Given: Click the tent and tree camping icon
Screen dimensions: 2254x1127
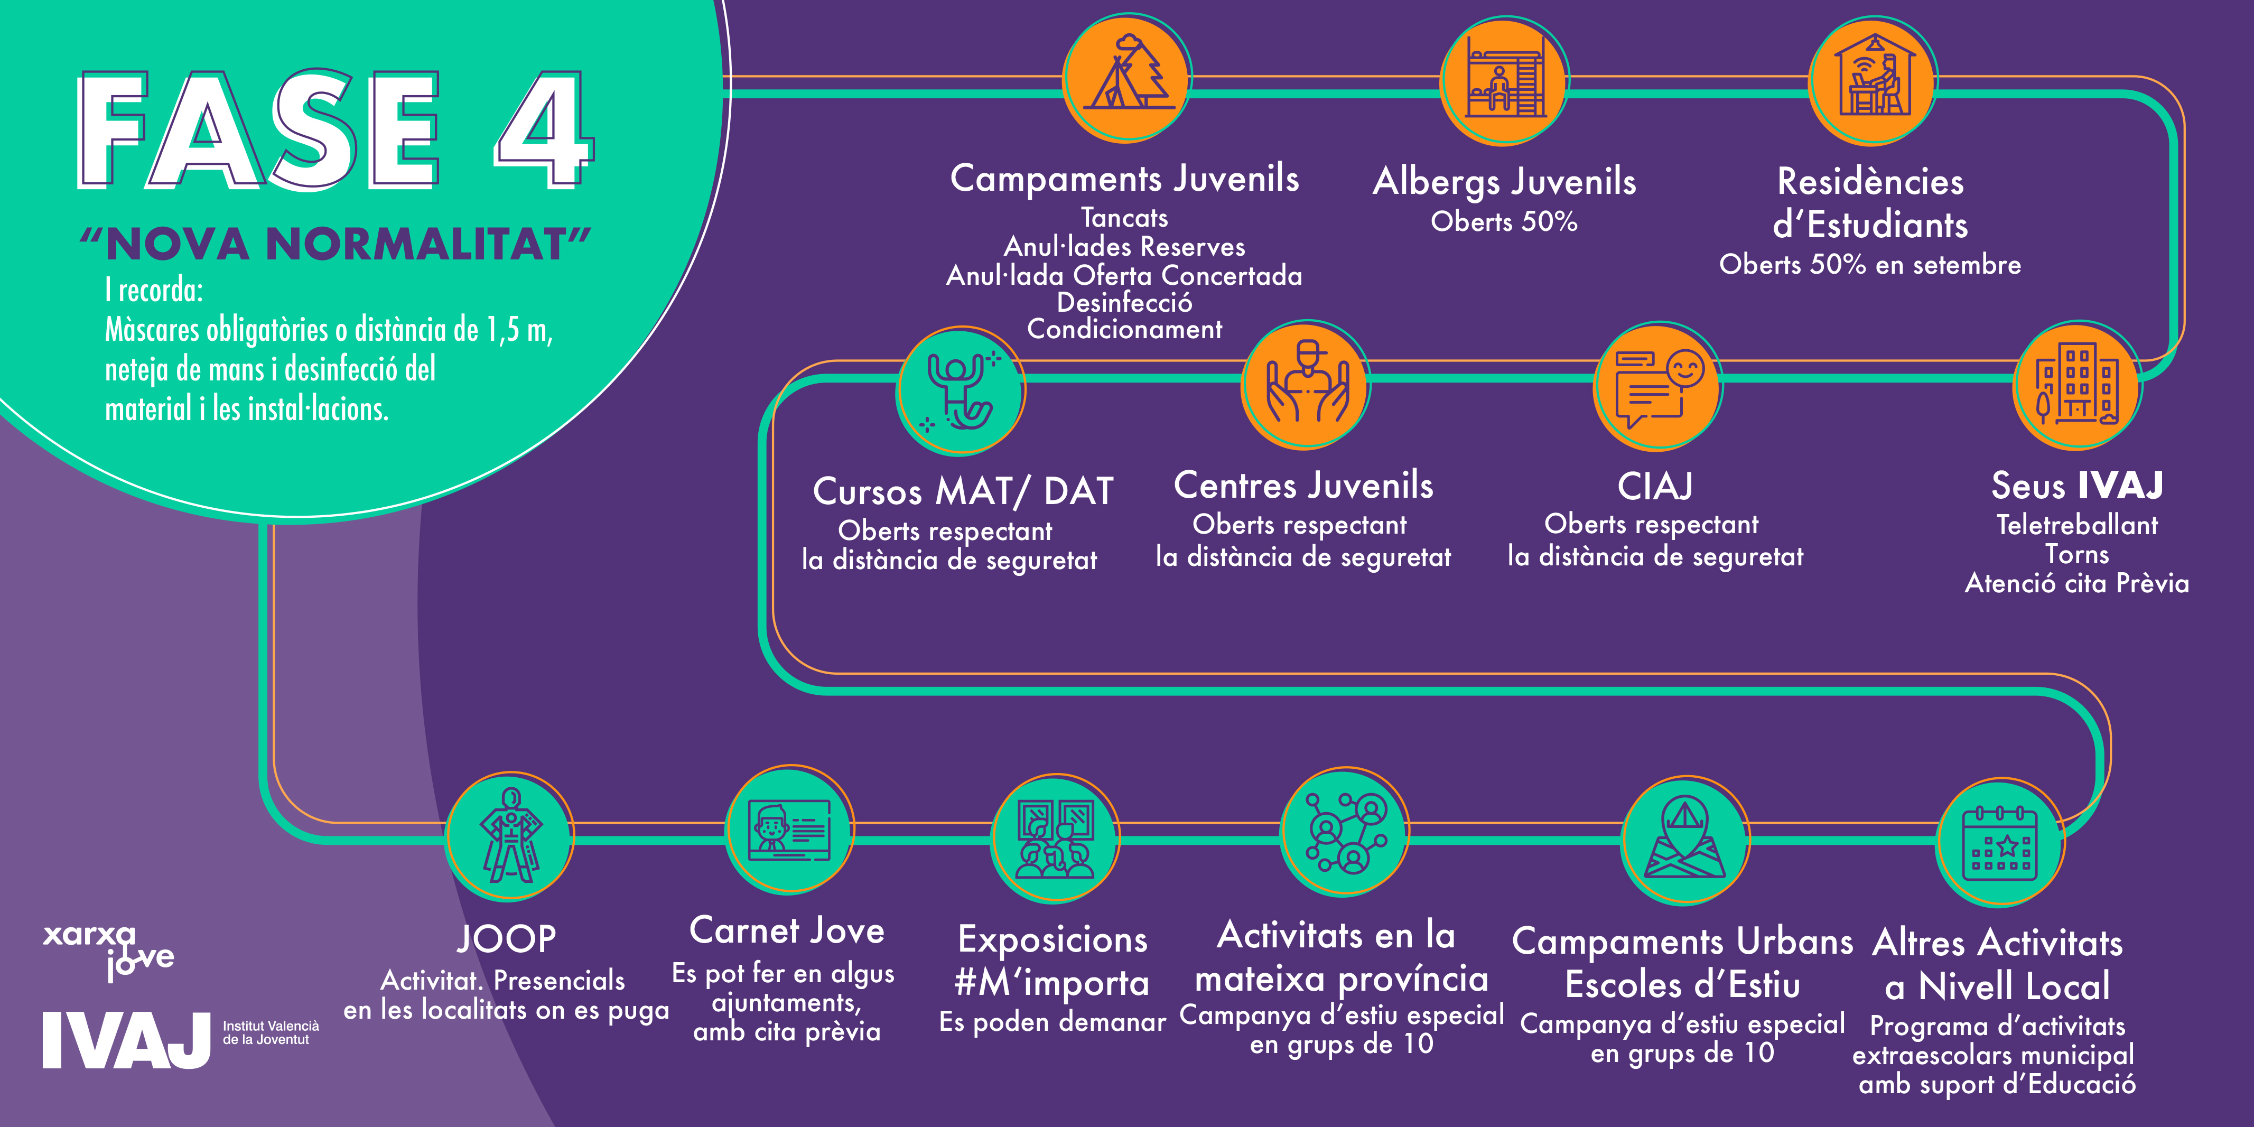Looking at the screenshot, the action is click(1127, 77).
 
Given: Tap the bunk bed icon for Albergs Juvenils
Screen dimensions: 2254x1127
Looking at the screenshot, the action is click(1505, 79).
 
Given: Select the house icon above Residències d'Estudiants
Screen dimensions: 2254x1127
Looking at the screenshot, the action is click(1874, 77).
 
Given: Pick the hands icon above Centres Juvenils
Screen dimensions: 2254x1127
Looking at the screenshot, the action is click(1306, 383).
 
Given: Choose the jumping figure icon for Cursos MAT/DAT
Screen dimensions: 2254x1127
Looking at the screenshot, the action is click(961, 390).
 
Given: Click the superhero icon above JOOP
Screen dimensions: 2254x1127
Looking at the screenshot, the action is click(510, 836).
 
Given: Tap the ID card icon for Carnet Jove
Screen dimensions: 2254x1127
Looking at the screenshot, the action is click(789, 828).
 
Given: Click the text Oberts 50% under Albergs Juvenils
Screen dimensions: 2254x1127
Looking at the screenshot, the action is click(1504, 221).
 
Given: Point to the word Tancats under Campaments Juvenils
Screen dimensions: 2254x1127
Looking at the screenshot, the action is click(1124, 217).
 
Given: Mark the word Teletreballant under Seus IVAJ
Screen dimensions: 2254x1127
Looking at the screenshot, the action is click(2077, 525).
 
